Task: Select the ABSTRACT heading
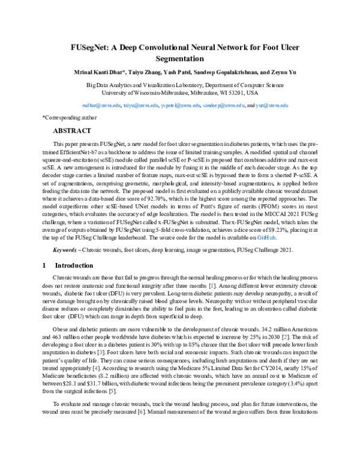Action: coord(72,130)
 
